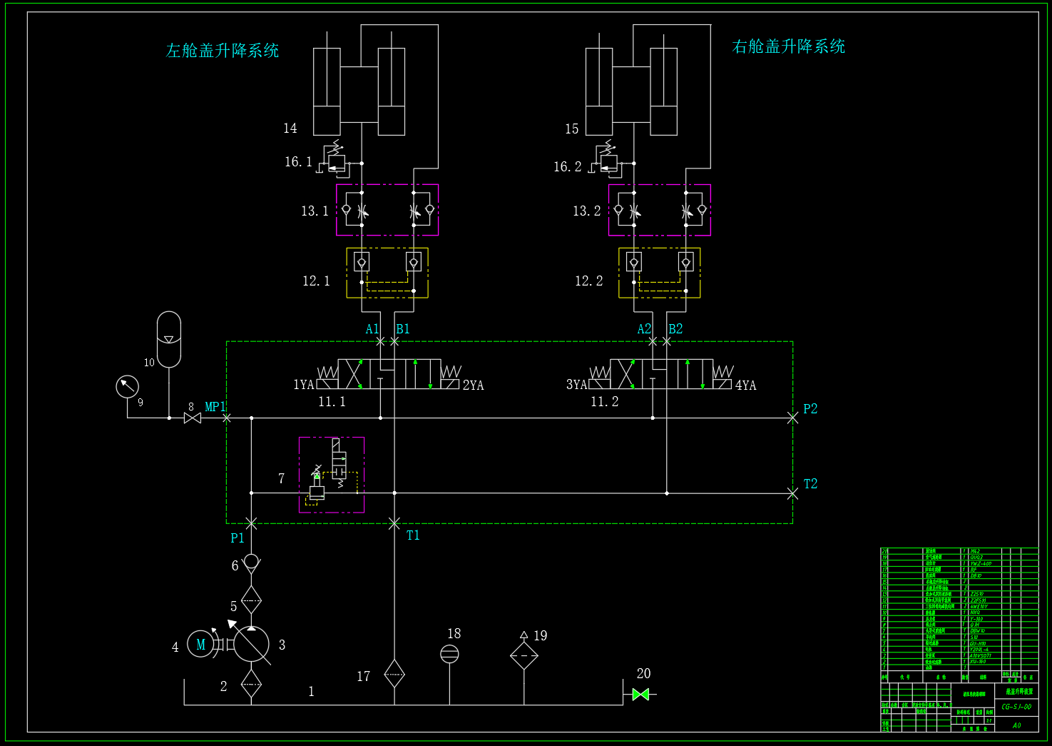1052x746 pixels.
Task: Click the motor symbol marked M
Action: tap(200, 645)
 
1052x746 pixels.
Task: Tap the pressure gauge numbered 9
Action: tap(127, 386)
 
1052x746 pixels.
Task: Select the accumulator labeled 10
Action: tap(169, 339)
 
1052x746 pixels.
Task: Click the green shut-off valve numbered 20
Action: tap(640, 694)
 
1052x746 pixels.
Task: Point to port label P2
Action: tap(810, 409)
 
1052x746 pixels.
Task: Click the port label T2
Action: tap(810, 484)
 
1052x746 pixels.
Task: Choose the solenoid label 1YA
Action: tap(304, 385)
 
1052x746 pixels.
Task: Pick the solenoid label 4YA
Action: tap(745, 385)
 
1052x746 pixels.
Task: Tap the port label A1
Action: tap(372, 329)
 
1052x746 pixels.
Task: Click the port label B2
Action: tap(675, 329)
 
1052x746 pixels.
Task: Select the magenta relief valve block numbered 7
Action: tap(332, 475)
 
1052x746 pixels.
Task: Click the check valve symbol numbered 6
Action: tap(251, 562)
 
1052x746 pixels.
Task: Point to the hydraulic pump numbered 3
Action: tap(252, 644)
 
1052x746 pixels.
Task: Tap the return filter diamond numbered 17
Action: tap(394, 673)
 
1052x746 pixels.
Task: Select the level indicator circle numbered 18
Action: tap(449, 654)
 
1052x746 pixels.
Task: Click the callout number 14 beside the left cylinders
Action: tap(290, 128)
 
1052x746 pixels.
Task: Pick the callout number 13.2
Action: tap(587, 211)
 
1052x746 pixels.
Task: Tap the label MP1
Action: tap(215, 407)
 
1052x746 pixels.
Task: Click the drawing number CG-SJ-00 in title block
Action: tap(1016, 707)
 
